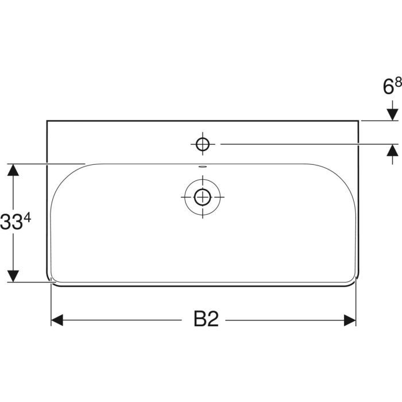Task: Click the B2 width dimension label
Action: click(206, 320)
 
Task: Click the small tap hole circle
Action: click(202, 144)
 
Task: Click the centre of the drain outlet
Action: click(202, 197)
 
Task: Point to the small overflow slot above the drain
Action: click(202, 167)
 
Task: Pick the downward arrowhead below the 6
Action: click(392, 114)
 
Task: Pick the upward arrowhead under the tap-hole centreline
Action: click(392, 150)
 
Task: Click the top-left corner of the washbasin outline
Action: click(47, 121)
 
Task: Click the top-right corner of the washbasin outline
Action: click(358, 121)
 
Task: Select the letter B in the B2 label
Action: click(199, 320)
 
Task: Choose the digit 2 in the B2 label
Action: click(214, 320)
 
